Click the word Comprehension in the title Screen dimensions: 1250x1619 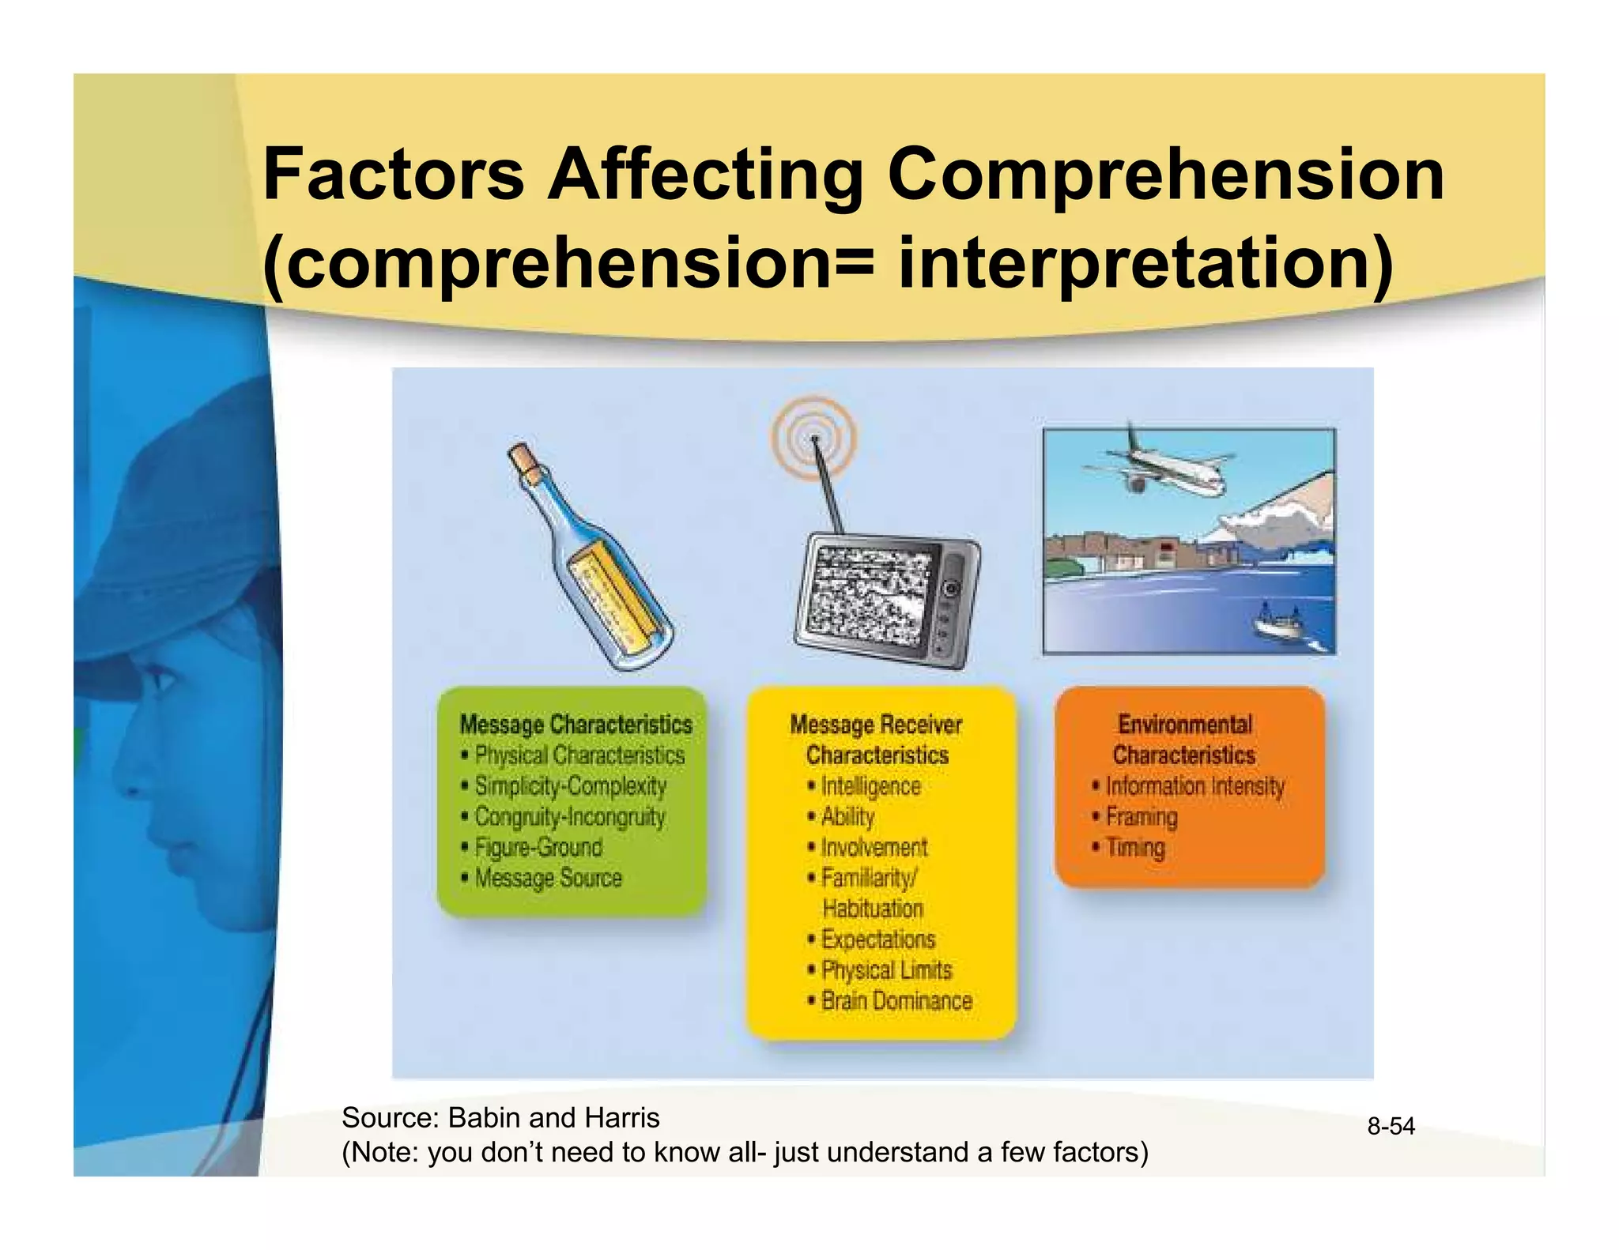coord(1166,175)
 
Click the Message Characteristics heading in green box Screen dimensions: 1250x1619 coord(576,725)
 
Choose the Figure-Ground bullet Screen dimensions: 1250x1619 coord(538,848)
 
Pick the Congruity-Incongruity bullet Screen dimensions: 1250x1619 coord(569,817)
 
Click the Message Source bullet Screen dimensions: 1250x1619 coord(548,879)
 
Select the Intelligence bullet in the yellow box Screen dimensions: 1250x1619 coord(870,786)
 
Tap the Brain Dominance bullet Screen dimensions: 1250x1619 coord(896,1001)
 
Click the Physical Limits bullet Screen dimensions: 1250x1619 coord(886,970)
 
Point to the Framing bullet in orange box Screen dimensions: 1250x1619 coord(1141,817)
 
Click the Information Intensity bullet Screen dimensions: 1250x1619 coord(1194,786)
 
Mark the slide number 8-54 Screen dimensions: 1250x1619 coord(1391,1126)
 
